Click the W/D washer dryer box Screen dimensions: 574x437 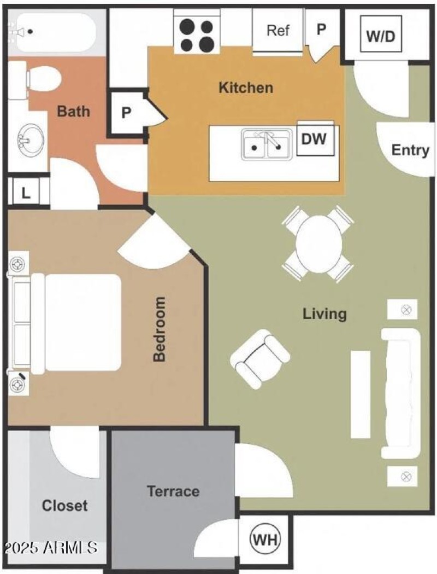[x=380, y=36]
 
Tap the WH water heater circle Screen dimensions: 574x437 [x=265, y=540]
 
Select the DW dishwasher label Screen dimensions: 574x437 [x=314, y=139]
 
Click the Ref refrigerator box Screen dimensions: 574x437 [x=277, y=31]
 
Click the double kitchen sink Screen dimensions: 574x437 [x=266, y=145]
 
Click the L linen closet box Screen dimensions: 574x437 [x=25, y=193]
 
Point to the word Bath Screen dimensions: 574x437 [x=74, y=112]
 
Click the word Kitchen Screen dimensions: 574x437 [x=246, y=88]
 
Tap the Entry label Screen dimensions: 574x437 [x=410, y=150]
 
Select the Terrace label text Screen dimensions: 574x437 [x=173, y=491]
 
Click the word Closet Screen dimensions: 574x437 [x=64, y=505]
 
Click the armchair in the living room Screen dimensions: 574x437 [x=259, y=359]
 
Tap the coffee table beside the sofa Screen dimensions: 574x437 [x=361, y=394]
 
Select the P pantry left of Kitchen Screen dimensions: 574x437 [x=126, y=113]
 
